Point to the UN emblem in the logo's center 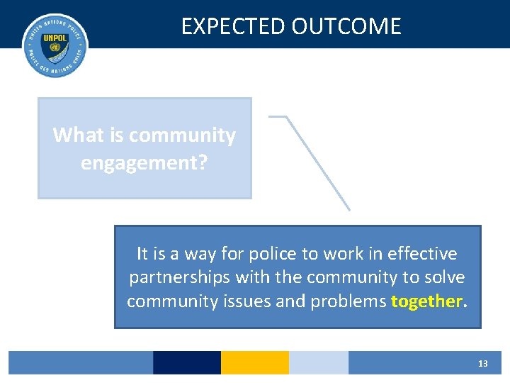click(x=55, y=50)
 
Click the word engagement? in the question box click(x=144, y=163)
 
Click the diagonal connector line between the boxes click(x=319, y=163)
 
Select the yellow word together click(x=426, y=301)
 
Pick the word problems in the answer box click(x=347, y=301)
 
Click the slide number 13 click(x=483, y=363)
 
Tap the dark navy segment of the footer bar click(x=187, y=362)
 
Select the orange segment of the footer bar click(x=255, y=362)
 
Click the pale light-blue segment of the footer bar click(x=319, y=362)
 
